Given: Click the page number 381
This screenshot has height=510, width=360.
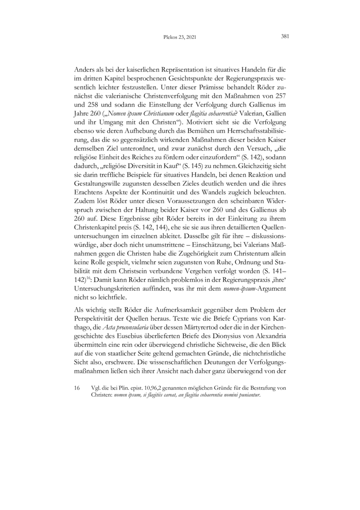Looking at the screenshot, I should (284, 37).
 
